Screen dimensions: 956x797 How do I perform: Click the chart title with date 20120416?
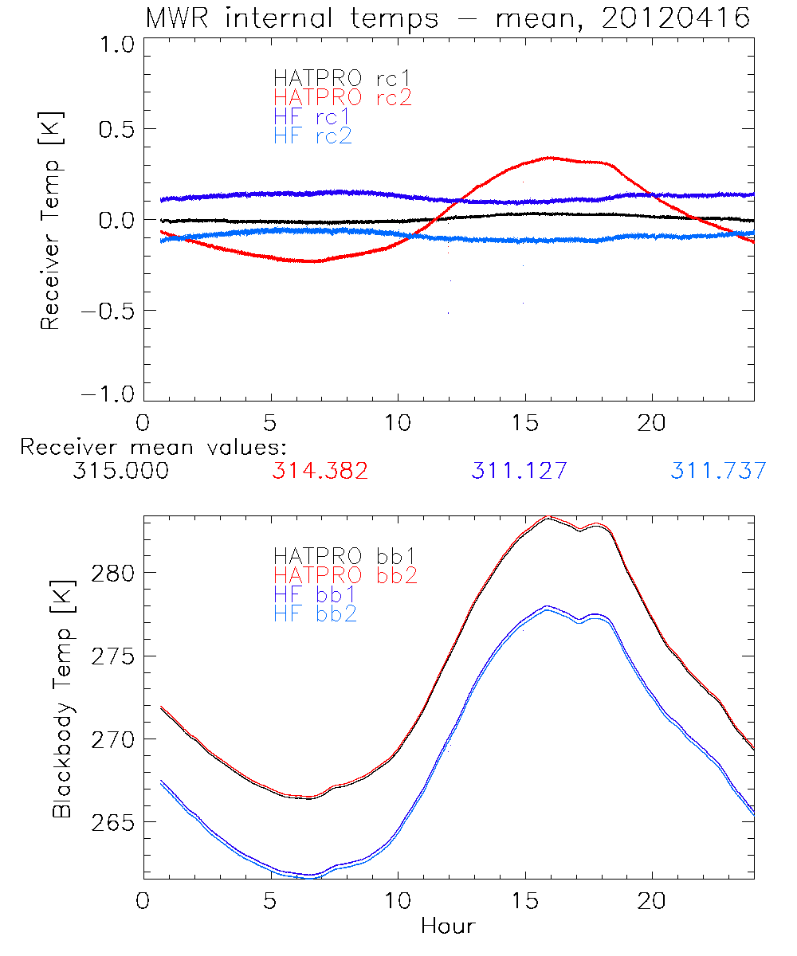tap(448, 18)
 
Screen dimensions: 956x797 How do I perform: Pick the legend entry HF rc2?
tap(312, 135)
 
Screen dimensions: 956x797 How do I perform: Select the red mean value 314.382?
tap(320, 471)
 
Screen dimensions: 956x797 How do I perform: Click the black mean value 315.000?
tap(120, 471)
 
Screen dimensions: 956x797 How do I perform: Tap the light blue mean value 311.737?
tap(718, 471)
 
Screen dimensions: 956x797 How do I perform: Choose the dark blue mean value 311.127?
tap(519, 471)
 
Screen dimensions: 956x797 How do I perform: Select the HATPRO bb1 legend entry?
tap(344, 555)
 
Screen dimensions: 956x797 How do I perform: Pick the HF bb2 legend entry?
tap(315, 613)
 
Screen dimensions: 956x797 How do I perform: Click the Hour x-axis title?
tap(448, 926)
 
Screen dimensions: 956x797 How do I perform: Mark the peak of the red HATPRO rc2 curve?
tap(549, 158)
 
